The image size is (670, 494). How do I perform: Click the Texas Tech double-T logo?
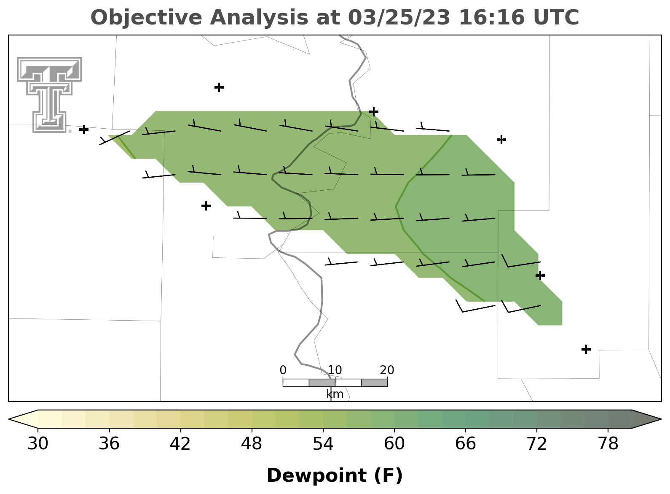49,94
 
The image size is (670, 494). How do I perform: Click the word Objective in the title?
147,17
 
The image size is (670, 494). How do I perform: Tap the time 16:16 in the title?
492,17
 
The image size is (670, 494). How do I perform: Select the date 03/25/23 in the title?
399,17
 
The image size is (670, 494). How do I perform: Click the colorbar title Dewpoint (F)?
335,475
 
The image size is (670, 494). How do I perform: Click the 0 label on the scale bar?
283,370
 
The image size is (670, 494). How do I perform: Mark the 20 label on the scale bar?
387,370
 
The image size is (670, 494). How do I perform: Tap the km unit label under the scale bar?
335,394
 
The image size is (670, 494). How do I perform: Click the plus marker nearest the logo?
84,130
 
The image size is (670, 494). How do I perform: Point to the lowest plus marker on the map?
586,349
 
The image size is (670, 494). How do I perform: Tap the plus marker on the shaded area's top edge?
374,112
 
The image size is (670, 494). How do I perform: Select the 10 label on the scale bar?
335,370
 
